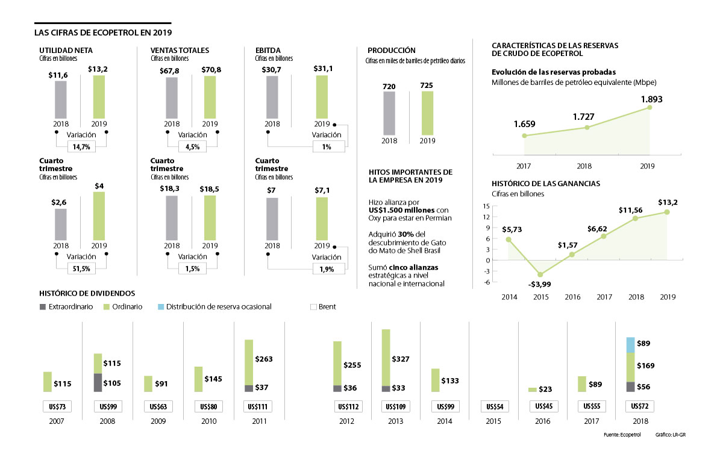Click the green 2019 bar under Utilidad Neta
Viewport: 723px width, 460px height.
(x=99, y=98)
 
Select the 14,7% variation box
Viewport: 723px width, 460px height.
(x=81, y=146)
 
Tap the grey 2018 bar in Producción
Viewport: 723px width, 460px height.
(x=389, y=113)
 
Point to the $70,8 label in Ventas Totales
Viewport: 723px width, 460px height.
(x=211, y=70)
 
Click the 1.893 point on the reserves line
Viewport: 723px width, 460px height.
(x=649, y=107)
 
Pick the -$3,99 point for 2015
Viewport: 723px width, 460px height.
(x=540, y=275)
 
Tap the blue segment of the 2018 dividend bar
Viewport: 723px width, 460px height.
(x=630, y=345)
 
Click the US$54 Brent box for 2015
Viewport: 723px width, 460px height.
(x=495, y=406)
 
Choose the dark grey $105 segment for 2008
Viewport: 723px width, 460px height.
(x=97, y=382)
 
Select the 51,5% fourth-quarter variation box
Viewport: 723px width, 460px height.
(x=81, y=268)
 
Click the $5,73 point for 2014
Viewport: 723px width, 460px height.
(x=508, y=239)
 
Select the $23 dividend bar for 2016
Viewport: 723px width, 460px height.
(x=533, y=390)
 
